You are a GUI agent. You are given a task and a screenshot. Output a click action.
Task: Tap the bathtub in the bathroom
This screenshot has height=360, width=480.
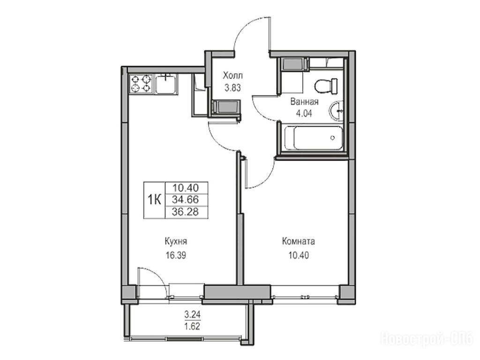[x=314, y=138]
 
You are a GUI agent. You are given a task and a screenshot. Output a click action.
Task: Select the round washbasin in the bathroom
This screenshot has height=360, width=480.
[x=337, y=111]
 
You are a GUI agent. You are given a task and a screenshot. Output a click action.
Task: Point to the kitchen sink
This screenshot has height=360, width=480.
[x=165, y=84]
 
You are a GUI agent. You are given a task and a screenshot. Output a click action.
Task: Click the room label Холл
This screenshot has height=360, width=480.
[x=232, y=75]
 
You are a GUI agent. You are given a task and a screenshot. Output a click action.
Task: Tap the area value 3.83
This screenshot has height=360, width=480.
[x=232, y=88]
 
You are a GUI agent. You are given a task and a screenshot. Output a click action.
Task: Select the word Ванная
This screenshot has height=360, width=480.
[x=305, y=102]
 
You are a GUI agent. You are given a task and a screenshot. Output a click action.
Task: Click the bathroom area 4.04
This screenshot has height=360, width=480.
[x=303, y=114]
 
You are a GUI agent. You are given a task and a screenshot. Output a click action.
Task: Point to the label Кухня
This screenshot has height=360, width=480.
[x=176, y=241]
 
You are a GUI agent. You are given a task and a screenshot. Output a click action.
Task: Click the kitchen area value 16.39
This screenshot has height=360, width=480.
[x=176, y=255]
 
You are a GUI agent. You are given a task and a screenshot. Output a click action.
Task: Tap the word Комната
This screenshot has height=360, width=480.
[x=299, y=241]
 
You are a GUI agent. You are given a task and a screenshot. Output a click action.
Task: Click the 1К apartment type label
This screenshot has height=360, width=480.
[x=155, y=200]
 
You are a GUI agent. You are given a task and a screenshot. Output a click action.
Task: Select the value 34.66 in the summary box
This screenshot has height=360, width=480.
[x=186, y=200]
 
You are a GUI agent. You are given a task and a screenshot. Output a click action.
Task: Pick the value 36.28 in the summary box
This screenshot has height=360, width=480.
[x=185, y=212]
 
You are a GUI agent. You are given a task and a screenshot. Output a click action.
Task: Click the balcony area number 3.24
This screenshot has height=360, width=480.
[x=192, y=314]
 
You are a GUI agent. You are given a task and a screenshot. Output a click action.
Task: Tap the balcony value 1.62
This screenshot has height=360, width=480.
[x=192, y=326]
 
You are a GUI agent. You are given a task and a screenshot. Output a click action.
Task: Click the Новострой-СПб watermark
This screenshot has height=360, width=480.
[x=427, y=339]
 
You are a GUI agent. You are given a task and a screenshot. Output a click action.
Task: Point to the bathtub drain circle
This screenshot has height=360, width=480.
[x=333, y=138]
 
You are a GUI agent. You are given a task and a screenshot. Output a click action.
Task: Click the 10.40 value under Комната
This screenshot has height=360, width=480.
[x=299, y=255]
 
